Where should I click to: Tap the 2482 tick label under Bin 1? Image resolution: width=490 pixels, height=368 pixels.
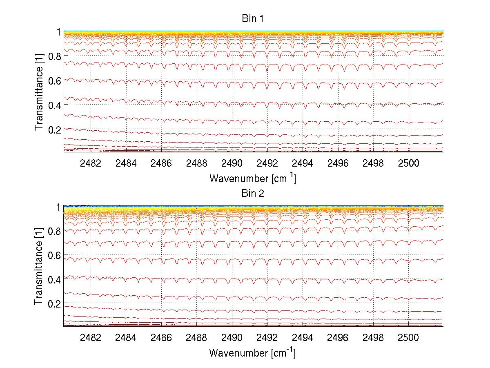click(x=91, y=163)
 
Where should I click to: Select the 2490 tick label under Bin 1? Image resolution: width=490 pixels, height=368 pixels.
click(x=232, y=163)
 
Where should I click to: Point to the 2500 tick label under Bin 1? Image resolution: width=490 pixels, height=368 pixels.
click(x=408, y=163)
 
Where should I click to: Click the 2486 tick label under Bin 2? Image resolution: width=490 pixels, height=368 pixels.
click(x=161, y=338)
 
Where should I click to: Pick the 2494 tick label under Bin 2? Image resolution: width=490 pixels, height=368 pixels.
click(x=303, y=338)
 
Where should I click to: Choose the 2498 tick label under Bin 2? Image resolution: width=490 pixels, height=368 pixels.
click(x=373, y=338)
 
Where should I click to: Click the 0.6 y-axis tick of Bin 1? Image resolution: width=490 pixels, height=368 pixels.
click(x=54, y=80)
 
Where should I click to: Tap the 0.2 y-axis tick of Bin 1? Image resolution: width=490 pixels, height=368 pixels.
click(x=54, y=129)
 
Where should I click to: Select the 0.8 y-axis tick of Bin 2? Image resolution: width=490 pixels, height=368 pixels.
click(x=54, y=231)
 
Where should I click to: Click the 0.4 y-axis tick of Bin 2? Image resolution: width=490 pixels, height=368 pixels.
click(x=54, y=279)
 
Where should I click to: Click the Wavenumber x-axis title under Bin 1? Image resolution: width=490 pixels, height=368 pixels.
click(x=252, y=178)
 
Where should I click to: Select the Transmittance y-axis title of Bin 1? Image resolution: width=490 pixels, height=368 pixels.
click(x=39, y=92)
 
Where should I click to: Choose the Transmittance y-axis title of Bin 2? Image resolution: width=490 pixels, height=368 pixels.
click(x=39, y=267)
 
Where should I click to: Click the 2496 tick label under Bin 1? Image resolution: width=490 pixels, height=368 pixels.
click(x=338, y=163)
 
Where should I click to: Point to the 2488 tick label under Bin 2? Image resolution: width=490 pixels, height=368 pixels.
click(x=196, y=338)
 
